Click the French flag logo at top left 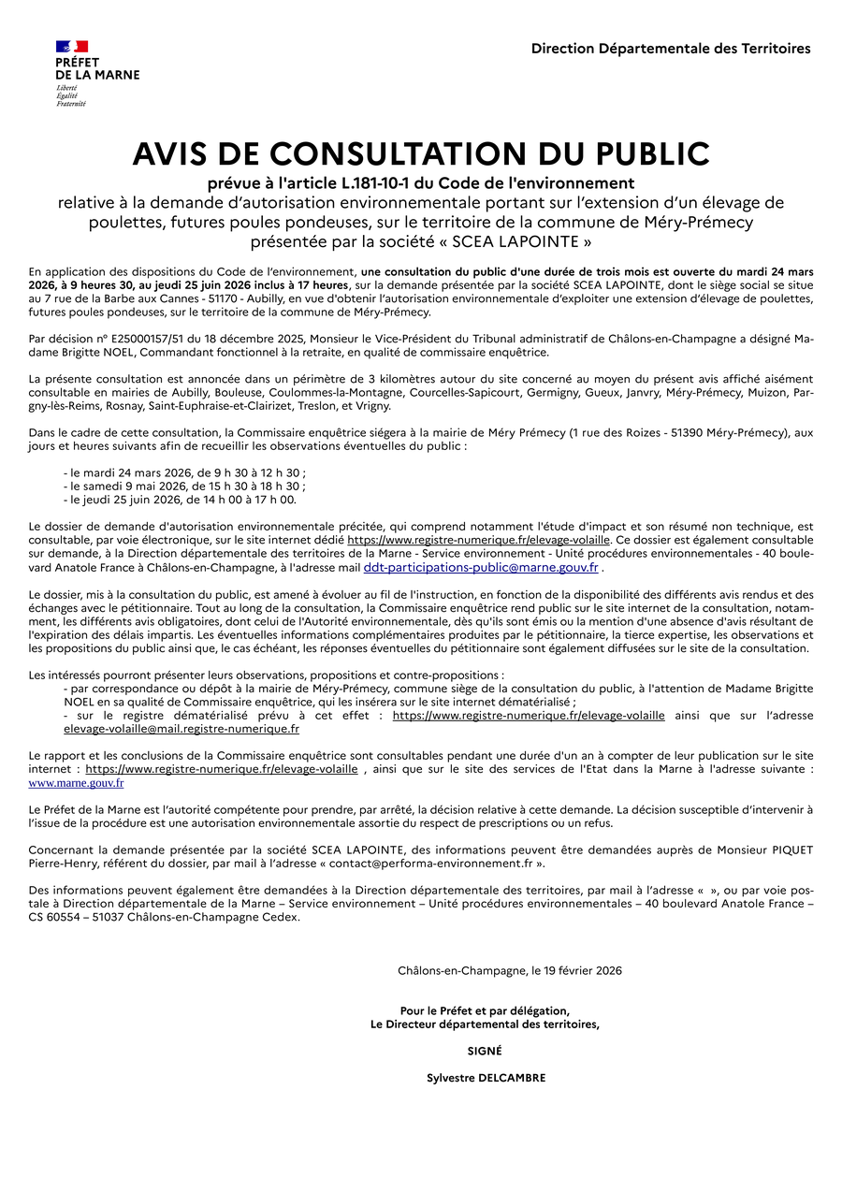pyautogui.click(x=71, y=46)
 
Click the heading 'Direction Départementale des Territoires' pyautogui.click(x=671, y=49)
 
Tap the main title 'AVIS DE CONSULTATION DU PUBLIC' pyautogui.click(x=421, y=154)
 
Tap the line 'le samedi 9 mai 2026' pyautogui.click(x=184, y=487)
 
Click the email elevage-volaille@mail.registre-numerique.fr pyautogui.click(x=181, y=729)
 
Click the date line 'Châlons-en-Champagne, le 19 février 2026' pyautogui.click(x=509, y=971)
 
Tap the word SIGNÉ pyautogui.click(x=485, y=1051)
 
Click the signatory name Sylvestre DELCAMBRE pyautogui.click(x=486, y=1078)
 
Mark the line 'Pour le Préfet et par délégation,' pyautogui.click(x=485, y=1010)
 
